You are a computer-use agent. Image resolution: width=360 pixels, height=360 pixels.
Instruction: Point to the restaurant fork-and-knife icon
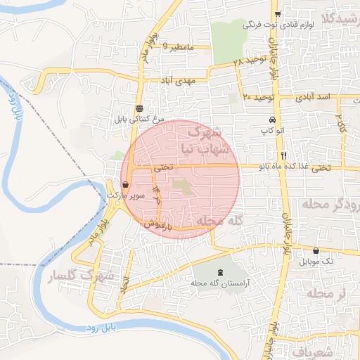tap(283, 155)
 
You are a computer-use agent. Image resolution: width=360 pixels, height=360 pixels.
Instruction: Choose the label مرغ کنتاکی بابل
tap(140, 120)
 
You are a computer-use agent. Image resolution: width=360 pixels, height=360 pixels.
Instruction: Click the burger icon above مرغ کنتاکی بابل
tap(140, 108)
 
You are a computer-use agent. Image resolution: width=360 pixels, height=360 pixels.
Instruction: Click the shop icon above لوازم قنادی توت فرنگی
tap(278, 13)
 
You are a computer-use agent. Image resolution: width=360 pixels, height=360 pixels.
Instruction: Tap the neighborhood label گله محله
tap(219, 221)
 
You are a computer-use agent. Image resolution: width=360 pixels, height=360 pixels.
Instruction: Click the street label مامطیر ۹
tap(178, 46)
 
